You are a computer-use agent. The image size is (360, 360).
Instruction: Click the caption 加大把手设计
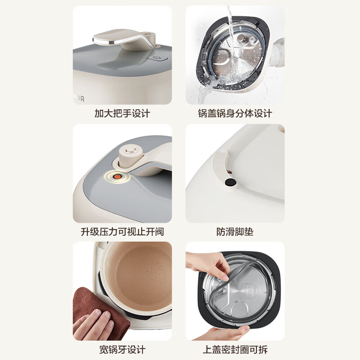click(122, 113)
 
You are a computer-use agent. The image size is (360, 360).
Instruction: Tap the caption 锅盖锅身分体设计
click(235, 113)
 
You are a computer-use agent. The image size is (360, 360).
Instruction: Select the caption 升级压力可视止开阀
click(122, 232)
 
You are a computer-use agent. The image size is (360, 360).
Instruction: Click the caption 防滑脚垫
click(235, 232)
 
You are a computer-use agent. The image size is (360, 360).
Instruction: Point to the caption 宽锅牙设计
click(122, 349)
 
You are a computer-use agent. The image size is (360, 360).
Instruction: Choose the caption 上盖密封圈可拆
click(235, 349)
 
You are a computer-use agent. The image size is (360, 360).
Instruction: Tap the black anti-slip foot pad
click(230, 182)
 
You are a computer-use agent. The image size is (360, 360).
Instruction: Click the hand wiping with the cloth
click(92, 325)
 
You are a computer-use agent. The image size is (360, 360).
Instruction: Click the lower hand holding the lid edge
click(225, 332)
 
